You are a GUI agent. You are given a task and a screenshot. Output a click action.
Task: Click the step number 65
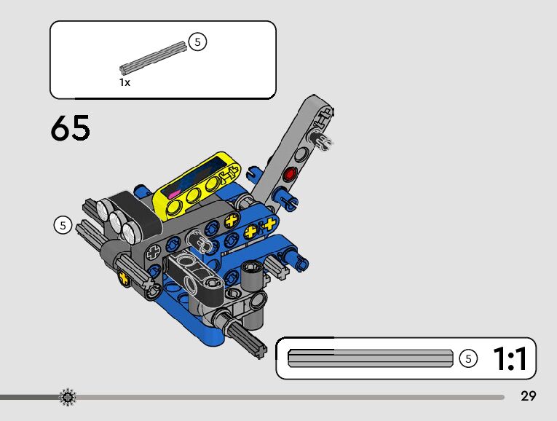point(71,128)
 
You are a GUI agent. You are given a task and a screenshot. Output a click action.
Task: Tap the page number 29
point(528,396)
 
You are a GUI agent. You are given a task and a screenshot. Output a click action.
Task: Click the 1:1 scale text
point(510,359)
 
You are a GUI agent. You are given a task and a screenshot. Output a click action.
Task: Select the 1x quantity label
point(125,82)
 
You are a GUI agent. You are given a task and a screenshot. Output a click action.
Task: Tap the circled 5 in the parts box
point(197,42)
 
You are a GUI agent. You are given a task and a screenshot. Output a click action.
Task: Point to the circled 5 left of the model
point(63,225)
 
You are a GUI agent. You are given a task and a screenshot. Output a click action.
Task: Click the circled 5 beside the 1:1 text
point(468,358)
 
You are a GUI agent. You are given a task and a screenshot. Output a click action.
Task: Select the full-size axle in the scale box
point(371,358)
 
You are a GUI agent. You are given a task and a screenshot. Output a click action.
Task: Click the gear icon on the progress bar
point(68,397)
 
